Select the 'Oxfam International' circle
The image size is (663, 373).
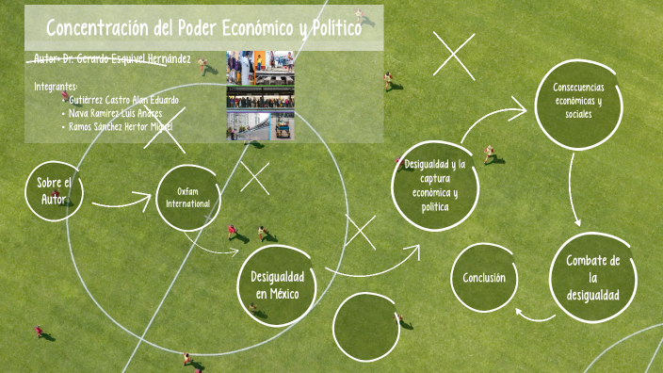click(x=188, y=199)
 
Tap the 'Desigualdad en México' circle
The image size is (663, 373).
click(x=275, y=284)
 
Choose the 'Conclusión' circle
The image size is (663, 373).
click(x=484, y=278)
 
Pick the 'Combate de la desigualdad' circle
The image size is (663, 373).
click(x=592, y=277)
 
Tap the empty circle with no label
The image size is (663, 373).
click(x=366, y=326)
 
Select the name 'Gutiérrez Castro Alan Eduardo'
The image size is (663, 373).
click(x=123, y=99)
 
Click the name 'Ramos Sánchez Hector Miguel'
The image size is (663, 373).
click(x=121, y=126)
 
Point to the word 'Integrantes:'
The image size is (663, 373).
click(x=57, y=86)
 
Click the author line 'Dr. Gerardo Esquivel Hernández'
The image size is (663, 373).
click(x=126, y=59)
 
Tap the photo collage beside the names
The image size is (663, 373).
click(x=260, y=95)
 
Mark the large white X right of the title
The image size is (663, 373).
click(x=453, y=56)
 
